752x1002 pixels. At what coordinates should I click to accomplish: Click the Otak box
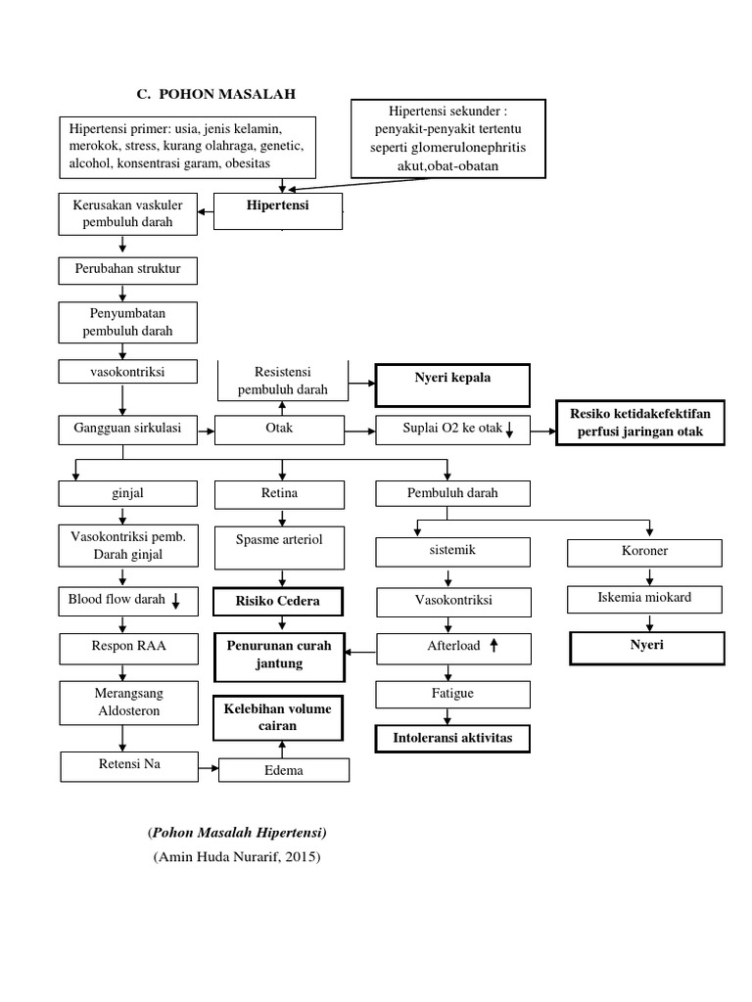(280, 429)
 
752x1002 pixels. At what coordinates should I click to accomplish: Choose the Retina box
(280, 493)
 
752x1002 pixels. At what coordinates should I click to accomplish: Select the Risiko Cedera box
(278, 601)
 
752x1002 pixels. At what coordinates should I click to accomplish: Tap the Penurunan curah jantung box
(279, 655)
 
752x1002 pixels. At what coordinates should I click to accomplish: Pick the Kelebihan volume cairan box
(279, 717)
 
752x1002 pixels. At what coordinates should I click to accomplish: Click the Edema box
(283, 770)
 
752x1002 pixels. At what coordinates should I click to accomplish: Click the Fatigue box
(452, 694)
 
